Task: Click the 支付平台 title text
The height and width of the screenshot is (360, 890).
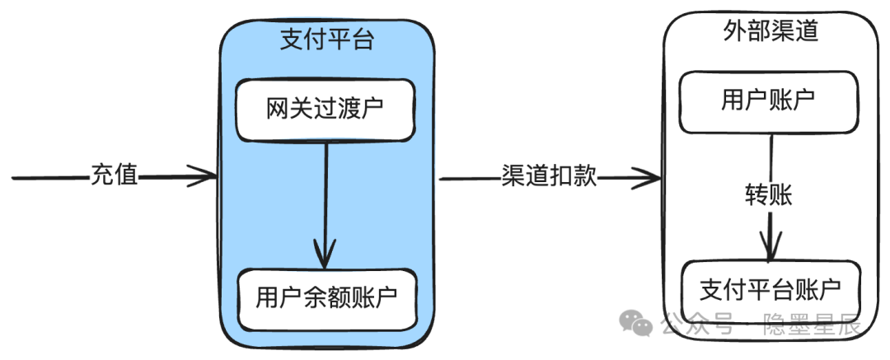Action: pyautogui.click(x=327, y=40)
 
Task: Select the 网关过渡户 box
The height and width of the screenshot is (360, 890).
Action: pyautogui.click(x=326, y=110)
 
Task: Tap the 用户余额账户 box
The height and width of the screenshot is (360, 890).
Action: pyautogui.click(x=327, y=299)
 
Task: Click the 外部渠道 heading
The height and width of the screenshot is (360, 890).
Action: pyautogui.click(x=771, y=32)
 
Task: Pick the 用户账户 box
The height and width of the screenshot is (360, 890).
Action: pyautogui.click(x=768, y=101)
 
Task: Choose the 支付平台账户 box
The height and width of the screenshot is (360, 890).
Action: pyautogui.click(x=771, y=292)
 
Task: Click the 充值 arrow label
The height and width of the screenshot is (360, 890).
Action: pyautogui.click(x=114, y=175)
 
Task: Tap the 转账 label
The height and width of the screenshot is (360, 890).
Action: pyautogui.click(x=768, y=195)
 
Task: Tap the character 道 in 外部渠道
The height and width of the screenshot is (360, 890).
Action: pyautogui.click(x=807, y=32)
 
